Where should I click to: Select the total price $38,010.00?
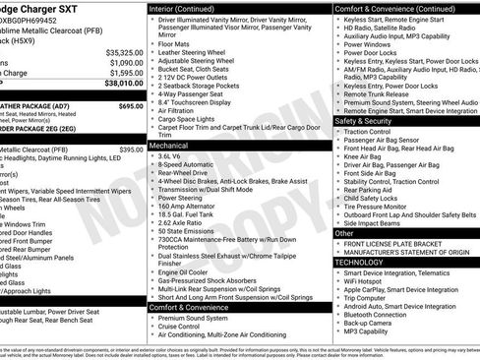pyautogui.click(x=122, y=85)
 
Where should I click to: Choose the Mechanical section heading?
pyautogui.click(x=169, y=145)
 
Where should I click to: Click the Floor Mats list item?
pyautogui.click(x=175, y=43)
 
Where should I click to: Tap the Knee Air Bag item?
pyautogui.click(x=363, y=155)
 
